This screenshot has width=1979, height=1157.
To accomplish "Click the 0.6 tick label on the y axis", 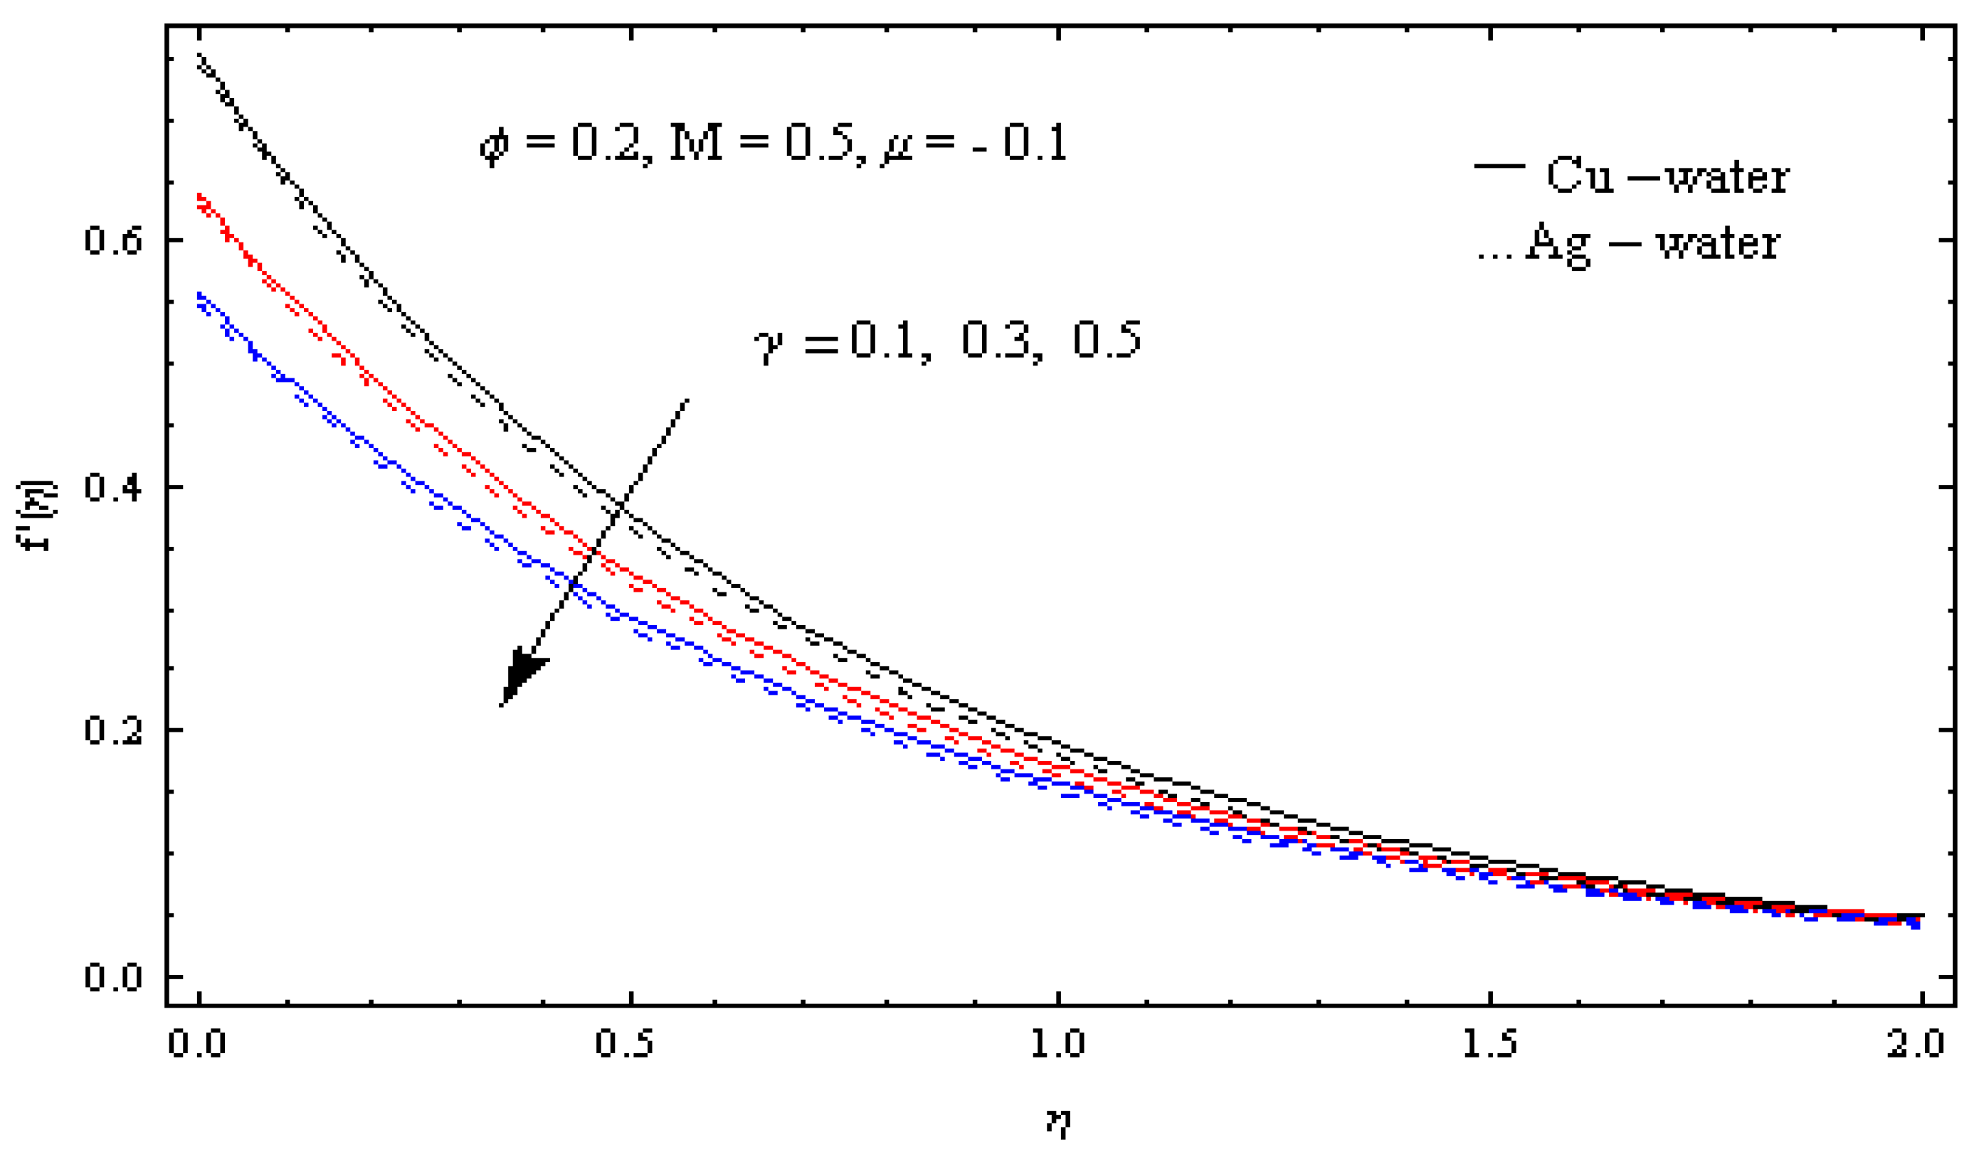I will pyautogui.click(x=113, y=240).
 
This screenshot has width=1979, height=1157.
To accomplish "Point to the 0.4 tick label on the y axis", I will pyautogui.click(x=113, y=486).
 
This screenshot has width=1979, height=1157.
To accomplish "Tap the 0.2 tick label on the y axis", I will pyautogui.click(x=113, y=730).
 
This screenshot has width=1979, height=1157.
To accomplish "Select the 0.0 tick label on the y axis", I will pyautogui.click(x=113, y=977).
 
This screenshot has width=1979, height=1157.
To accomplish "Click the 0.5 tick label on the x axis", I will pyautogui.click(x=625, y=1044).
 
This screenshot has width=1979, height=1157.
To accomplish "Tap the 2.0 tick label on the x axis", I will pyautogui.click(x=1916, y=1044).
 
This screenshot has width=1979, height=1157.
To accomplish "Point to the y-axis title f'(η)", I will pyautogui.click(x=35, y=514).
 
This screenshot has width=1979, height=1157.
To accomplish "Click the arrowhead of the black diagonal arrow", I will pyautogui.click(x=522, y=675).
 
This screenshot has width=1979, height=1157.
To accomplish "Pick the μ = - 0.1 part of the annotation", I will pyautogui.click(x=973, y=144).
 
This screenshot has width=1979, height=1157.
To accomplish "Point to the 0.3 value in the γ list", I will pyautogui.click(x=996, y=340).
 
